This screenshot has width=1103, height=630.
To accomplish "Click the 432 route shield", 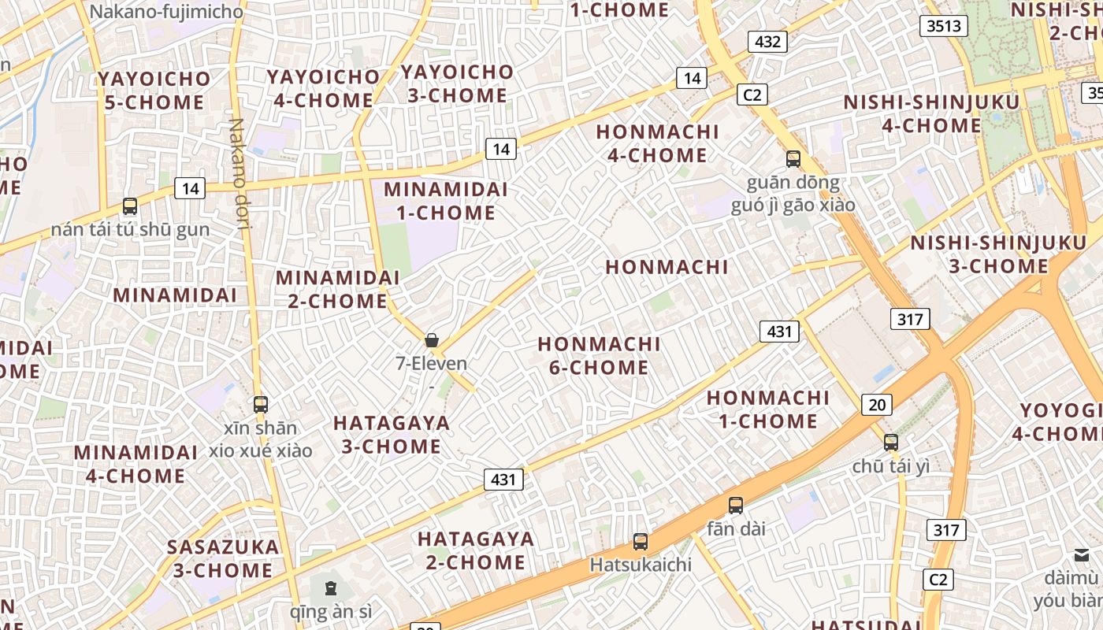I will (767, 42).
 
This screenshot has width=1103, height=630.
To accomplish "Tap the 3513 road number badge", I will (944, 26).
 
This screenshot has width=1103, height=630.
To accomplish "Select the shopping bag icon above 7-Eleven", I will (432, 340).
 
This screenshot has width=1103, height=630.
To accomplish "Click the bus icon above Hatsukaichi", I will (641, 542).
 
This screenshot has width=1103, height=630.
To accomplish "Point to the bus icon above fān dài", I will (735, 506).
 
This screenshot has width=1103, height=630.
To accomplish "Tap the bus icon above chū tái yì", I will (891, 443).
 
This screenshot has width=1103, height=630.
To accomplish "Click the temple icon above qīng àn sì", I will (330, 587).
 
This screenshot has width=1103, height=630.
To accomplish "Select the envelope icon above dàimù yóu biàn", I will (1082, 555).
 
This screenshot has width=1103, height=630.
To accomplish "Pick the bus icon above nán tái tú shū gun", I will (130, 206).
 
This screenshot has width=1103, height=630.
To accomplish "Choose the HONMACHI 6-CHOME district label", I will (599, 356).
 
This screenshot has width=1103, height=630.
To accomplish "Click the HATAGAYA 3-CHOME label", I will (391, 435).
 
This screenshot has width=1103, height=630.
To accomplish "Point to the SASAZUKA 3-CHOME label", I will (223, 558).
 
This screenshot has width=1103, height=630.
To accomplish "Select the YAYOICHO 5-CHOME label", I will (154, 91).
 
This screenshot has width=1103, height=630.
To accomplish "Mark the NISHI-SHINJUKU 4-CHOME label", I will (931, 114).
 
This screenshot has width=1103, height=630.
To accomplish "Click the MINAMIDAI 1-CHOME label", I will (446, 201).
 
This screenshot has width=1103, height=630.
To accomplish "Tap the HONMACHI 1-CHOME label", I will (768, 409).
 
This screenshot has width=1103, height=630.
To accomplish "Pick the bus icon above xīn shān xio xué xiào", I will (261, 405).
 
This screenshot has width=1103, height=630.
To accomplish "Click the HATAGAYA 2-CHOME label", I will (476, 550).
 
